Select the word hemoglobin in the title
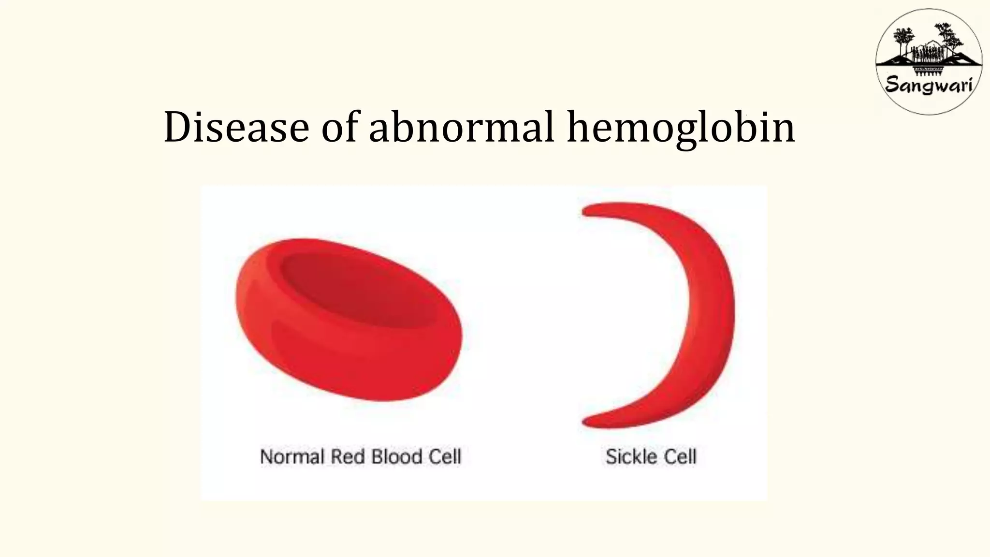681,128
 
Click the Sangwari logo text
929,86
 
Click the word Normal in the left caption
291,457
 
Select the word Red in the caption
347,457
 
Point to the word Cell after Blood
444,457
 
